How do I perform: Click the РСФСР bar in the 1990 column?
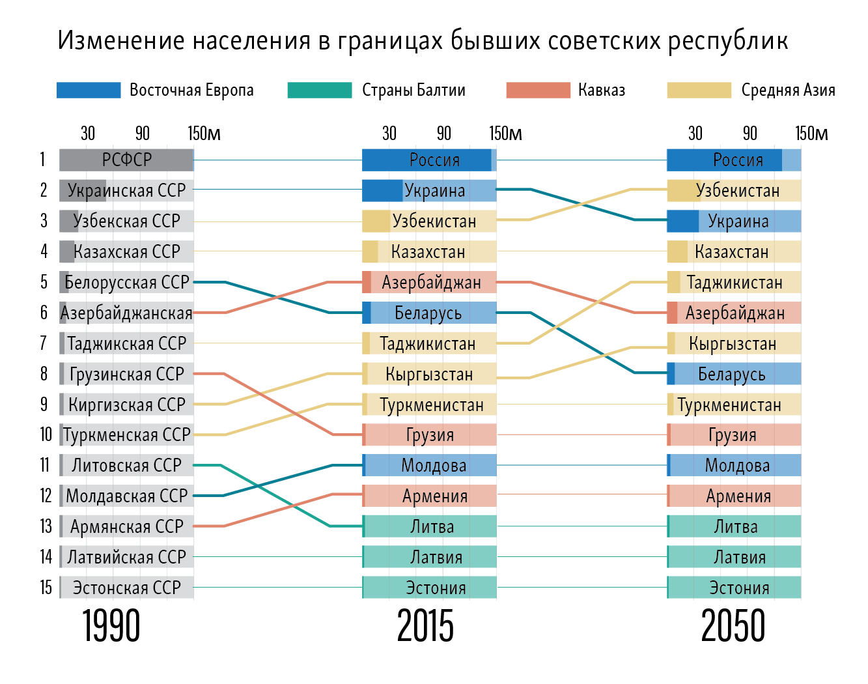coord(126,160)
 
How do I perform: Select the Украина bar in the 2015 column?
coord(429,191)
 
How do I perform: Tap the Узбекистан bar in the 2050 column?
coord(734,191)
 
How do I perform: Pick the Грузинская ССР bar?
coord(126,374)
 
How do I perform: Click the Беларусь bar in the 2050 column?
coord(734,374)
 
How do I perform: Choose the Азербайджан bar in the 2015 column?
coord(429,282)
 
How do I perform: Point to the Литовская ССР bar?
coord(126,465)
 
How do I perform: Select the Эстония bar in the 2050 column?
coord(734,588)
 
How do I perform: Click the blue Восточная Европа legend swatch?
coord(89,91)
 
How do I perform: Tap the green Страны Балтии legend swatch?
coord(319,91)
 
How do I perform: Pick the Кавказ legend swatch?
coord(538,91)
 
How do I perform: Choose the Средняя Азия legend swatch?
coord(699,91)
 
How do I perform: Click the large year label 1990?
coord(111,627)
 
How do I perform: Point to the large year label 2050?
coord(733,627)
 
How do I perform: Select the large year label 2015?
coord(425,627)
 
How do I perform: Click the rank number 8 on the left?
coord(44,374)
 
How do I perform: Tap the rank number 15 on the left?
coord(46,588)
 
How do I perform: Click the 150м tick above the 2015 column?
coord(505,134)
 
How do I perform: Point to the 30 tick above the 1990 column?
coord(88,134)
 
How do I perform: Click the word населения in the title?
coord(251,41)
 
